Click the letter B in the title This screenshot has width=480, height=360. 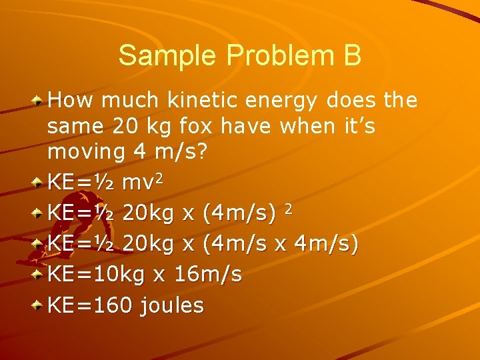[x=353, y=55]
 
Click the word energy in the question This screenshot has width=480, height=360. [x=289, y=101]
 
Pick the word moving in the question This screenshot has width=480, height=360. [x=87, y=153]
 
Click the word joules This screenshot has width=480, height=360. [x=171, y=306]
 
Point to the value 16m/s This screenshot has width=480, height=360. [x=208, y=274]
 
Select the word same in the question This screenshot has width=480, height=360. [x=72, y=126]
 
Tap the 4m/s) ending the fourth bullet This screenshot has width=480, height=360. [x=327, y=243]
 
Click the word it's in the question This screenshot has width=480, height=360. [x=356, y=126]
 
